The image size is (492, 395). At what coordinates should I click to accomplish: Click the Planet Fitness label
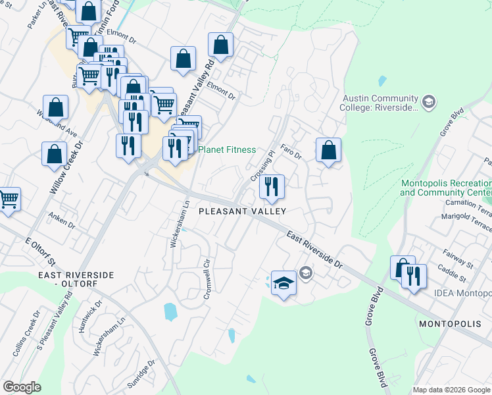pyautogui.click(x=227, y=149)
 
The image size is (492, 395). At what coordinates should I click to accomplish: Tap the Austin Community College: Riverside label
pyautogui.click(x=380, y=103)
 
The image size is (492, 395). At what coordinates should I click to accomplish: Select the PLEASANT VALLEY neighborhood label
pyautogui.click(x=243, y=211)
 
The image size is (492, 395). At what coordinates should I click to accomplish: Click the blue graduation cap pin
pyautogui.click(x=283, y=283)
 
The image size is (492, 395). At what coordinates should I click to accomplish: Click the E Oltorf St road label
pyautogui.click(x=41, y=251)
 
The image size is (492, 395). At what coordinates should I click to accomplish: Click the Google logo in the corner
pyautogui.click(x=22, y=388)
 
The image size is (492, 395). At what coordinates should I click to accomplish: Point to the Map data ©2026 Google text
pyautogui.click(x=451, y=390)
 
